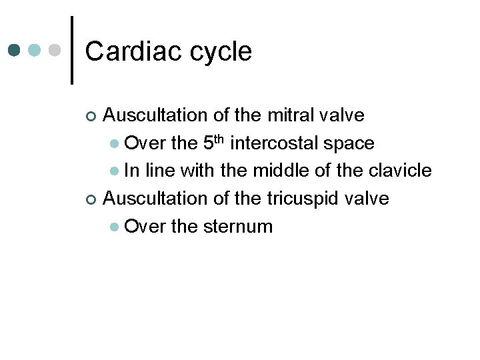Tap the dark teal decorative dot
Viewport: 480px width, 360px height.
[15, 50]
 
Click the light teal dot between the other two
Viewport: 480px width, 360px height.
[35, 50]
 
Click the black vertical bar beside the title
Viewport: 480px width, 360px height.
[71, 50]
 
